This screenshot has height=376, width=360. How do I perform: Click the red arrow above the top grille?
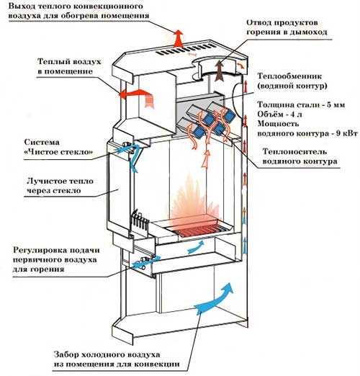click(x=178, y=38)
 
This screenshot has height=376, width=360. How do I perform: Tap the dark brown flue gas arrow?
click(x=219, y=71)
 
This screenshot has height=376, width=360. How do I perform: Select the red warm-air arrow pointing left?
click(x=137, y=96)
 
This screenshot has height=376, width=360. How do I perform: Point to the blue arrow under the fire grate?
click(x=196, y=246)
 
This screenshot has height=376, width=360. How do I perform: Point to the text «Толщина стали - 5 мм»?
click(x=301, y=104)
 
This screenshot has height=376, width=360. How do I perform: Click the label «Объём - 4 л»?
click(x=279, y=115)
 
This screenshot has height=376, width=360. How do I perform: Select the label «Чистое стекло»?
click(x=58, y=152)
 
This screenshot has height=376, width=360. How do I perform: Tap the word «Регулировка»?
click(x=39, y=251)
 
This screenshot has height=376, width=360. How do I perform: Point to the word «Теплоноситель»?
click(x=294, y=152)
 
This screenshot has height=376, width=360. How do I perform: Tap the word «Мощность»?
click(x=278, y=124)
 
